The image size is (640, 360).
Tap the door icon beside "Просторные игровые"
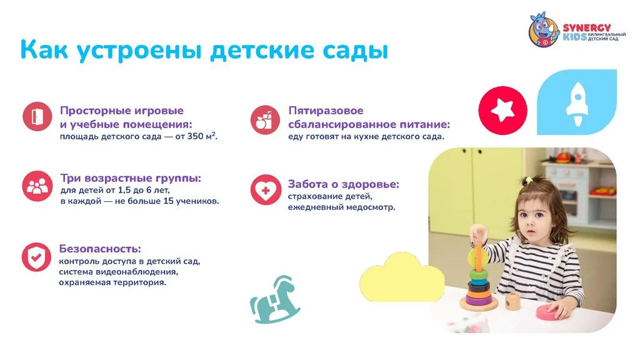point(37,116)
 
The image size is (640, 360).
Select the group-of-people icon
point(37,186)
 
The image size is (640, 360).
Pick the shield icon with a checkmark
point(36,257)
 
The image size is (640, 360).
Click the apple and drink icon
point(265,119)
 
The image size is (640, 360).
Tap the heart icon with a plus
point(266,190)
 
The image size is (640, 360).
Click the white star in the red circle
point(502,109)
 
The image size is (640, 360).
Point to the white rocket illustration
point(577,104)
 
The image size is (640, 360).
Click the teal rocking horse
point(274,300)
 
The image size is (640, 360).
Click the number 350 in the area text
point(195,136)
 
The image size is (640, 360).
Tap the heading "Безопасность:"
point(100,249)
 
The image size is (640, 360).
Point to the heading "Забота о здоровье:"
point(344,184)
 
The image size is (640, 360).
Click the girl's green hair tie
point(529,179)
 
